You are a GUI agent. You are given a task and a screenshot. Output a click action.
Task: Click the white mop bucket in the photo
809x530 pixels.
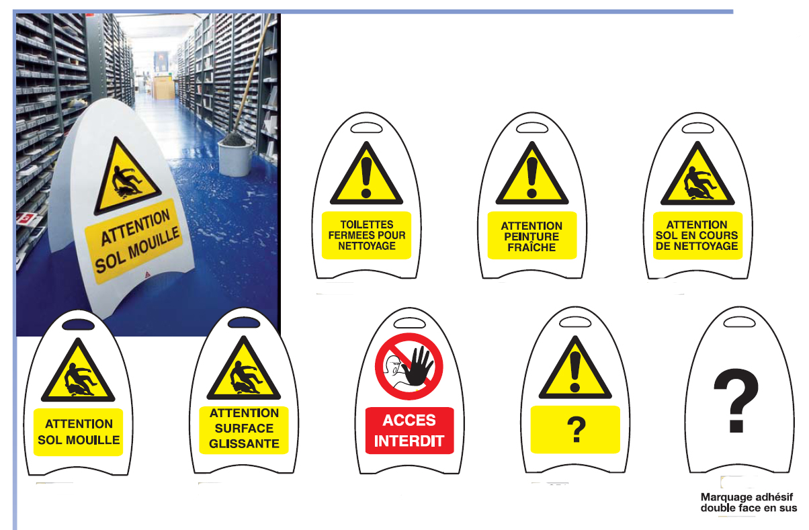coord(235,157)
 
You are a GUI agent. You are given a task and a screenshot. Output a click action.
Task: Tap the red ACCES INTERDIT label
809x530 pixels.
coord(409,431)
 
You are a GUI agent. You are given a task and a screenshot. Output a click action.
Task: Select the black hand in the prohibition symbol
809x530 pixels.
coord(418,365)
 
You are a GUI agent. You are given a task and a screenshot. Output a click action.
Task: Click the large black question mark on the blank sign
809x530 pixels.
coord(736,400)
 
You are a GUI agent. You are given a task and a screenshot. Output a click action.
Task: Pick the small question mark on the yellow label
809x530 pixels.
coord(577,429)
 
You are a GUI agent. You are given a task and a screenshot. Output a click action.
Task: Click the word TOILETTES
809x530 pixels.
coord(367,224)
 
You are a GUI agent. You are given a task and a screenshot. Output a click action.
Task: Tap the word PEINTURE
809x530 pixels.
coord(531,237)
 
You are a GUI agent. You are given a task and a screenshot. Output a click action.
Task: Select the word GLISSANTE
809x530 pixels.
coord(244,444)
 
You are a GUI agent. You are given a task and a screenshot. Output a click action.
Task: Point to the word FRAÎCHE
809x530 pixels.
coord(531,247)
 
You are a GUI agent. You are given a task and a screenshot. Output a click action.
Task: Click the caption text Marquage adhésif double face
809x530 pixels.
coord(748,502)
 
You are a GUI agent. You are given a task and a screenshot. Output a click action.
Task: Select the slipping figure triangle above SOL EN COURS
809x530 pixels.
coord(697,173)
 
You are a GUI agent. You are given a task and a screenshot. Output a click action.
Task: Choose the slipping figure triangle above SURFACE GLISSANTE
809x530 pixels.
coord(243,368)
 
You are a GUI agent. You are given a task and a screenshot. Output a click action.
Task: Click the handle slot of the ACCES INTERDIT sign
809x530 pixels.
coord(409,322)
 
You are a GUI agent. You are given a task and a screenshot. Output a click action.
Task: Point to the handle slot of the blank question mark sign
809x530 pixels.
coord(740,322)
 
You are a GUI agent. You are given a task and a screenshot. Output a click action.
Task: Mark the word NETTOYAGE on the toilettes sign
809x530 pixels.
coord(367,246)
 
